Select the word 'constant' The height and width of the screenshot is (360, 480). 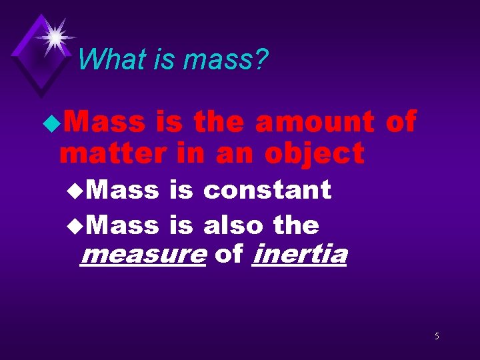pyautogui.click(x=267, y=190)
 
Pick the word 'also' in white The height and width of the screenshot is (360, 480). pyautogui.click(x=234, y=225)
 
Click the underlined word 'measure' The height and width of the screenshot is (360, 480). pyautogui.click(x=142, y=255)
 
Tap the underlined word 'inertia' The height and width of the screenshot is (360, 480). pyautogui.click(x=300, y=255)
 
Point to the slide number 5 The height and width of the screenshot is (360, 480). pyautogui.click(x=437, y=336)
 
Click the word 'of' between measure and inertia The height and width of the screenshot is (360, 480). pyautogui.click(x=229, y=255)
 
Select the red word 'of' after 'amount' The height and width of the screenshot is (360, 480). pyautogui.click(x=401, y=122)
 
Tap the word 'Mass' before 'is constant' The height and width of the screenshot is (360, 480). pyautogui.click(x=123, y=190)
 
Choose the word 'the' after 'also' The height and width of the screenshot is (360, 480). pyautogui.click(x=296, y=225)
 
